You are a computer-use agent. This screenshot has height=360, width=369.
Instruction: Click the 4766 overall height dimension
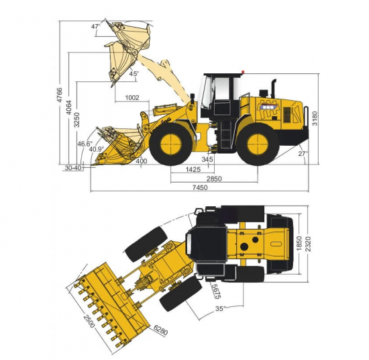[60, 95]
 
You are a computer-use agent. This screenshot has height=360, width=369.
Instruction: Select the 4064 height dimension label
[68, 107]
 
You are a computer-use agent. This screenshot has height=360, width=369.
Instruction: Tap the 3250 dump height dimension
[76, 120]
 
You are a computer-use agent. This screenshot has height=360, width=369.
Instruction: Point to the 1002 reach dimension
[132, 97]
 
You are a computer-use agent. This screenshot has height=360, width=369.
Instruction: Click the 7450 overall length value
[200, 187]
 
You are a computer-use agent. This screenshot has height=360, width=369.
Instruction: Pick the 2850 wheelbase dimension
[214, 179]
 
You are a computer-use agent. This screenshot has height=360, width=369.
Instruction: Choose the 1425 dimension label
[193, 169]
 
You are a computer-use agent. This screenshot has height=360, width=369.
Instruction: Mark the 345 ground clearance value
[207, 159]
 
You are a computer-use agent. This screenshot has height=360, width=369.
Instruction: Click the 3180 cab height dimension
[315, 118]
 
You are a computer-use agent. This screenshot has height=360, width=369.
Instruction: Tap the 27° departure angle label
[303, 154]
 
